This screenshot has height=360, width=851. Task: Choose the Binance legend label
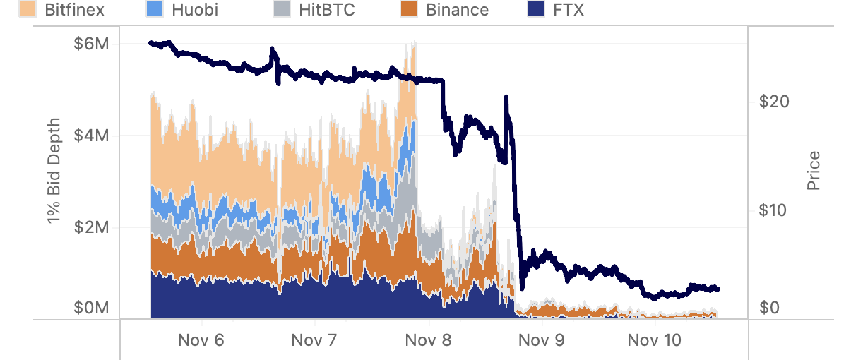pos(457,10)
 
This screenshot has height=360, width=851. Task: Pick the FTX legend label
pos(569,10)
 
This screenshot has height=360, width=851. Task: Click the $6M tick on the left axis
pos(92,44)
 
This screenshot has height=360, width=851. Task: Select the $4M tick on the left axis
pos(92,136)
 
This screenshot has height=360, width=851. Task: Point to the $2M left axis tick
pos(92,227)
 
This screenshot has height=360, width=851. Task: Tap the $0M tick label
pos(92,308)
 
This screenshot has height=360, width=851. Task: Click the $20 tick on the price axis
pos(773,102)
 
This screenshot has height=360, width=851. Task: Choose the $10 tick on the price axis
pos(773,210)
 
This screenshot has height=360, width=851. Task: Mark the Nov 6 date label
pos(201,340)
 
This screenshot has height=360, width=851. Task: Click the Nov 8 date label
pos(428,340)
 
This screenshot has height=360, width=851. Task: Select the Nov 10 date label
pos(655,340)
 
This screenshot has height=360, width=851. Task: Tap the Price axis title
pos(814,170)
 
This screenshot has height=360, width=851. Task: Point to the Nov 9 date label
pos(542,340)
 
